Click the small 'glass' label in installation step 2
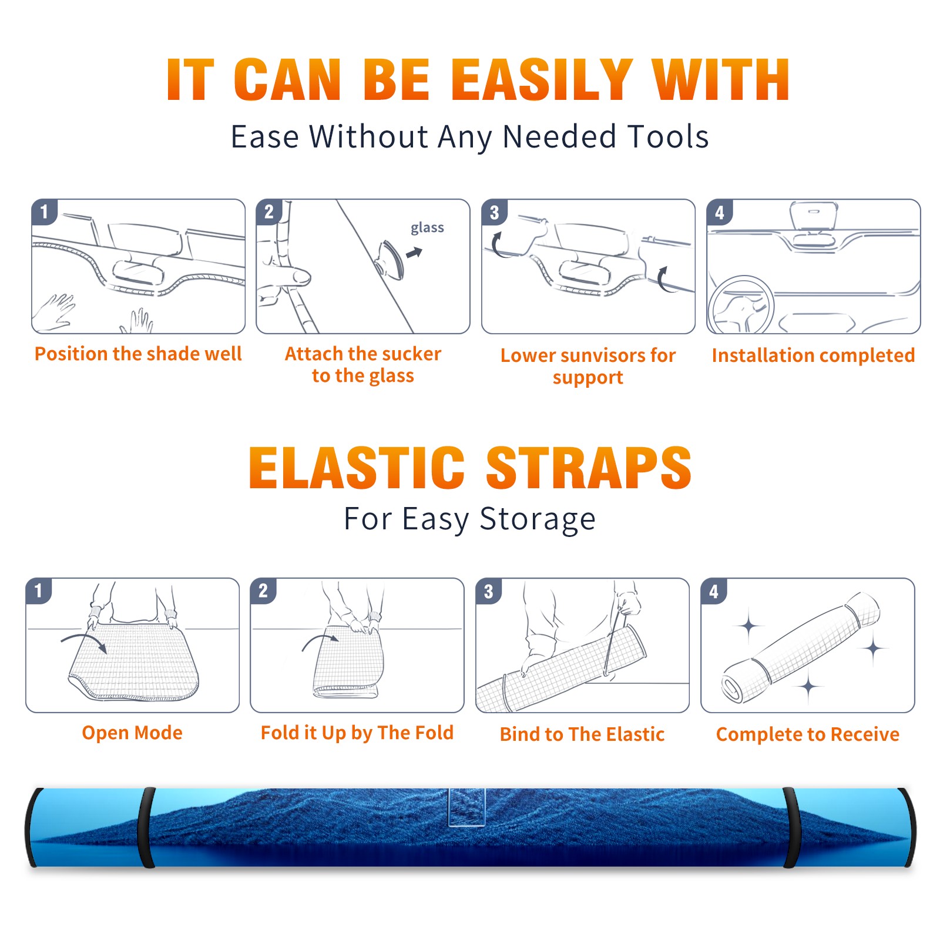(x=427, y=228)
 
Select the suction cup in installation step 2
(x=391, y=259)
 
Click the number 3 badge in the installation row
(x=495, y=212)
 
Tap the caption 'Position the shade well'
(x=138, y=354)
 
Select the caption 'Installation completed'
(x=813, y=355)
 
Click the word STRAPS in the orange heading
(x=589, y=468)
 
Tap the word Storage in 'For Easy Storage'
(x=538, y=519)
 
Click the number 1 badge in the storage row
(x=39, y=590)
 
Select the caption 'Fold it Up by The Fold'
(x=357, y=733)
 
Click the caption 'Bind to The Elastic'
(x=582, y=734)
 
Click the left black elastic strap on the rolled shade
(x=147, y=828)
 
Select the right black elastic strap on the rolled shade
(x=791, y=828)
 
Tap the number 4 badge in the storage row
(x=714, y=591)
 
